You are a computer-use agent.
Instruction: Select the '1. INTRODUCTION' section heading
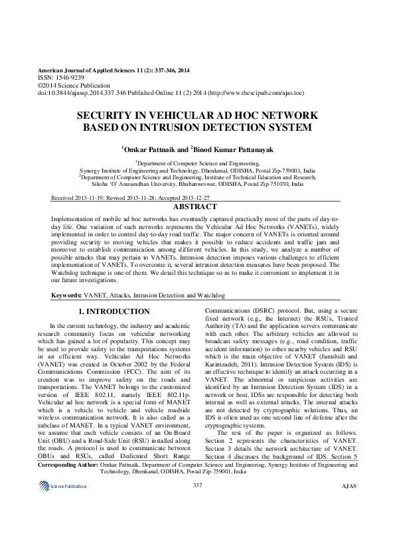coord(114,311)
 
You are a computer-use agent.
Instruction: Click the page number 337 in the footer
coord(197,523)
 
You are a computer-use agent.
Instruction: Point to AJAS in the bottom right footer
coord(349,524)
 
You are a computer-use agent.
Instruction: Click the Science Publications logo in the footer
coord(63,524)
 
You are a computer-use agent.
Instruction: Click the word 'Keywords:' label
coord(66,293)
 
